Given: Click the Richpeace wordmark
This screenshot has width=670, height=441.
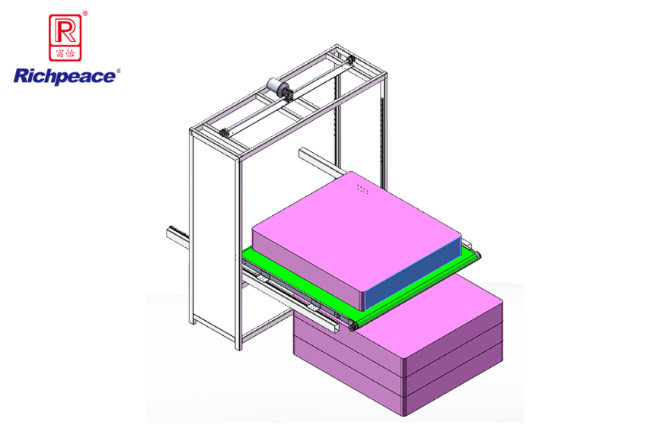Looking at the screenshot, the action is click(x=65, y=76).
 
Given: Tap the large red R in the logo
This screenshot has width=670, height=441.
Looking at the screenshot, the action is click(x=65, y=31).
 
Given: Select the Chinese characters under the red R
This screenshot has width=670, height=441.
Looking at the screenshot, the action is click(x=65, y=53).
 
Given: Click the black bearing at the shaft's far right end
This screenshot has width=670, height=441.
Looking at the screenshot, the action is click(x=351, y=60).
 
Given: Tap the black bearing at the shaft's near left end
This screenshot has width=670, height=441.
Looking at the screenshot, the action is click(x=224, y=133).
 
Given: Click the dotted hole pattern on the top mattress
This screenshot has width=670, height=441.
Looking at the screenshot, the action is click(x=362, y=189).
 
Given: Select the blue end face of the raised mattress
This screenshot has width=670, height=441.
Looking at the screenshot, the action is click(x=413, y=274).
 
